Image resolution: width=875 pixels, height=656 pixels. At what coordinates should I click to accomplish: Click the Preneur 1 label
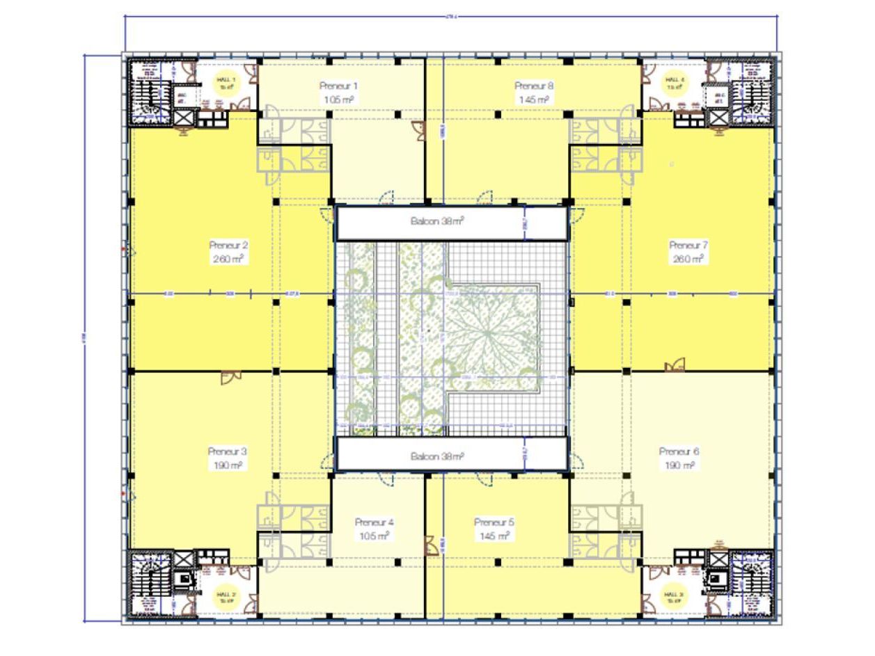point(338,86)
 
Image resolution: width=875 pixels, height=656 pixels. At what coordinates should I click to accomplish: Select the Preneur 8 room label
point(534,86)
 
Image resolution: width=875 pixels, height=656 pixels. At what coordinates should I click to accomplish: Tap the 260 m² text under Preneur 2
point(228,258)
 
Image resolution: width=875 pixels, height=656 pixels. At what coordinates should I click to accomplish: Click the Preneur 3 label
point(228,451)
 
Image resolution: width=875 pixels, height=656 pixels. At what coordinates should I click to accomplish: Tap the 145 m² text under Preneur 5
point(494,535)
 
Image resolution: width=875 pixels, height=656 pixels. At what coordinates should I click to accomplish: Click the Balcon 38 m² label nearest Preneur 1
point(436,222)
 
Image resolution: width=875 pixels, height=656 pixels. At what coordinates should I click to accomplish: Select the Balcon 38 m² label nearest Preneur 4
point(436,456)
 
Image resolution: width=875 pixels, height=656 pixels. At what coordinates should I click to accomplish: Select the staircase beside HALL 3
point(751,584)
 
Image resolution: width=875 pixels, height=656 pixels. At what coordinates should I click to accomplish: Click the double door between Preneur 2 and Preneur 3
point(230,377)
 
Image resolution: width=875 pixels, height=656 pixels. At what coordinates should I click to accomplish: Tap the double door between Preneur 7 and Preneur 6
point(674,365)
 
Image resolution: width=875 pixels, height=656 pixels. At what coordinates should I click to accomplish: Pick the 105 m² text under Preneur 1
point(338,99)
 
